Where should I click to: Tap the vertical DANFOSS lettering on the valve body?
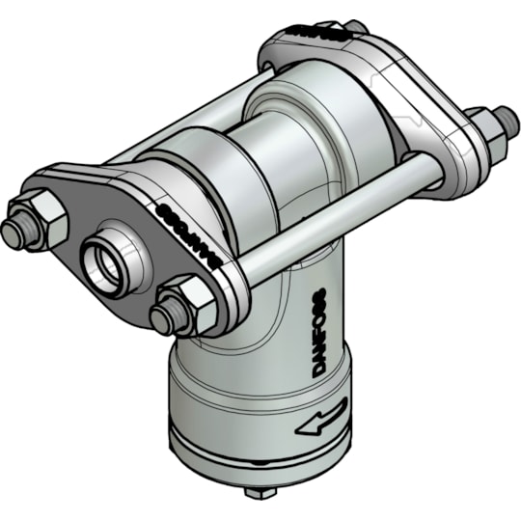click(321, 328)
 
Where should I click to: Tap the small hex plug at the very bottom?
click(257, 492)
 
